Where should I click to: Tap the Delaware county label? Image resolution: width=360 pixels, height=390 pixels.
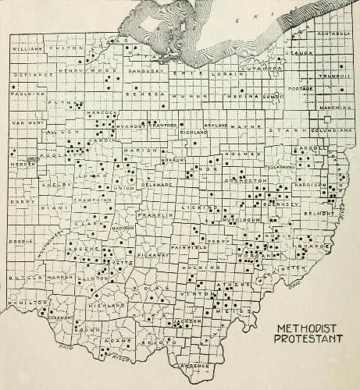(155, 185)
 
